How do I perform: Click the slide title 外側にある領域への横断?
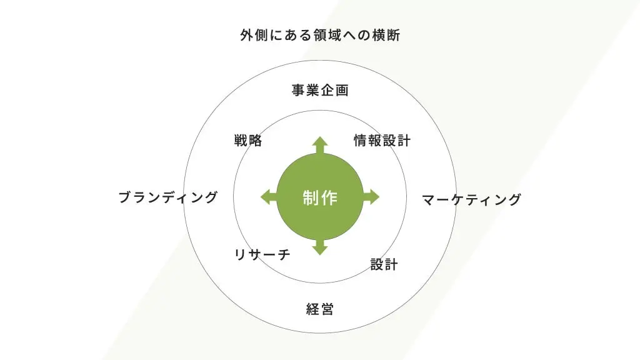pyautogui.click(x=320, y=36)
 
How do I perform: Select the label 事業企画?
pyautogui.click(x=320, y=91)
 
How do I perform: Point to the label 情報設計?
pyautogui.click(x=382, y=141)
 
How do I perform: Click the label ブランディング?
pyautogui.click(x=168, y=197)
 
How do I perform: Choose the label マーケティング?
pyautogui.click(x=471, y=200)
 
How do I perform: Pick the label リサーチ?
pyautogui.click(x=262, y=254)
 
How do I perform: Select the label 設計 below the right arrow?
pyautogui.click(x=384, y=264)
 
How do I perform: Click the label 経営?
pyautogui.click(x=320, y=309)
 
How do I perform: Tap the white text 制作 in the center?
pyautogui.click(x=320, y=198)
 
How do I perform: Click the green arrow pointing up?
pyautogui.click(x=320, y=144)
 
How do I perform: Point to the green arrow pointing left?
pyautogui.click(x=268, y=196)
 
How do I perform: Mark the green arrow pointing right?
pyautogui.click(x=371, y=196)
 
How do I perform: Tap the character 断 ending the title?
pyautogui.click(x=393, y=36)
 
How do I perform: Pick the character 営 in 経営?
pyautogui.click(x=327, y=309)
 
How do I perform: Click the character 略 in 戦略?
pyautogui.click(x=256, y=141)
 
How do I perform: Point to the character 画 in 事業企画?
pyautogui.click(x=342, y=91)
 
